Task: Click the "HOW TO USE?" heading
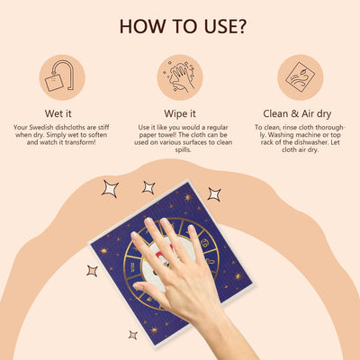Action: [x=183, y=26]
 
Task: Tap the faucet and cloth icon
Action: [x=62, y=77]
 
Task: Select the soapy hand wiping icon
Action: [x=180, y=77]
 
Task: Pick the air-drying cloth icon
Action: [x=301, y=77]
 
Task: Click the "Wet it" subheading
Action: [x=58, y=113]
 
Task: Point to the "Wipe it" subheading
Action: [x=180, y=113]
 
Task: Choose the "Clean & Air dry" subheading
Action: [x=297, y=113]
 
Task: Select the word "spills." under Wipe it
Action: [x=183, y=149]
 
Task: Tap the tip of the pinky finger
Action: [x=192, y=229]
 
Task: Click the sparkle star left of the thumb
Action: [x=92, y=271]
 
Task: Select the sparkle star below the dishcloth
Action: [x=133, y=335]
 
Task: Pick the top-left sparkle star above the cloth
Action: [x=110, y=189]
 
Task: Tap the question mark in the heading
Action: [x=240, y=26]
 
